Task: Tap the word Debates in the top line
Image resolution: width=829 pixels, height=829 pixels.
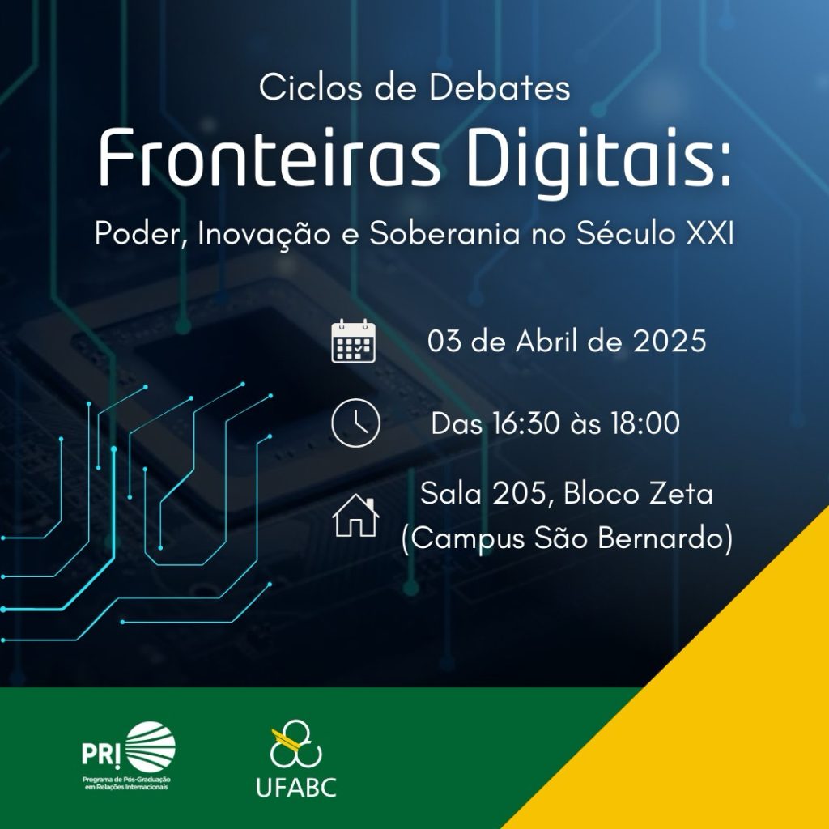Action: (x=500, y=87)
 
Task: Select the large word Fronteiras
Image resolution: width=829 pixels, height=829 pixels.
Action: (x=270, y=159)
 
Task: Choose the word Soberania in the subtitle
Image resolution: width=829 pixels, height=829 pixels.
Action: (x=444, y=233)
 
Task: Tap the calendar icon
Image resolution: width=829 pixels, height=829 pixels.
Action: (x=353, y=341)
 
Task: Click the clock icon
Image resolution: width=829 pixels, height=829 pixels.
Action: (x=355, y=423)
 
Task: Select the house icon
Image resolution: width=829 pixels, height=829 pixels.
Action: (x=355, y=516)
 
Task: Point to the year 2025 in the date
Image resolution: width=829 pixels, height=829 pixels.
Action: (x=670, y=341)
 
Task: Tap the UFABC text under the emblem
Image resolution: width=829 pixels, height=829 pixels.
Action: (x=296, y=787)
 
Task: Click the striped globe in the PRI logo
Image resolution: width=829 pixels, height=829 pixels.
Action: (x=151, y=746)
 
